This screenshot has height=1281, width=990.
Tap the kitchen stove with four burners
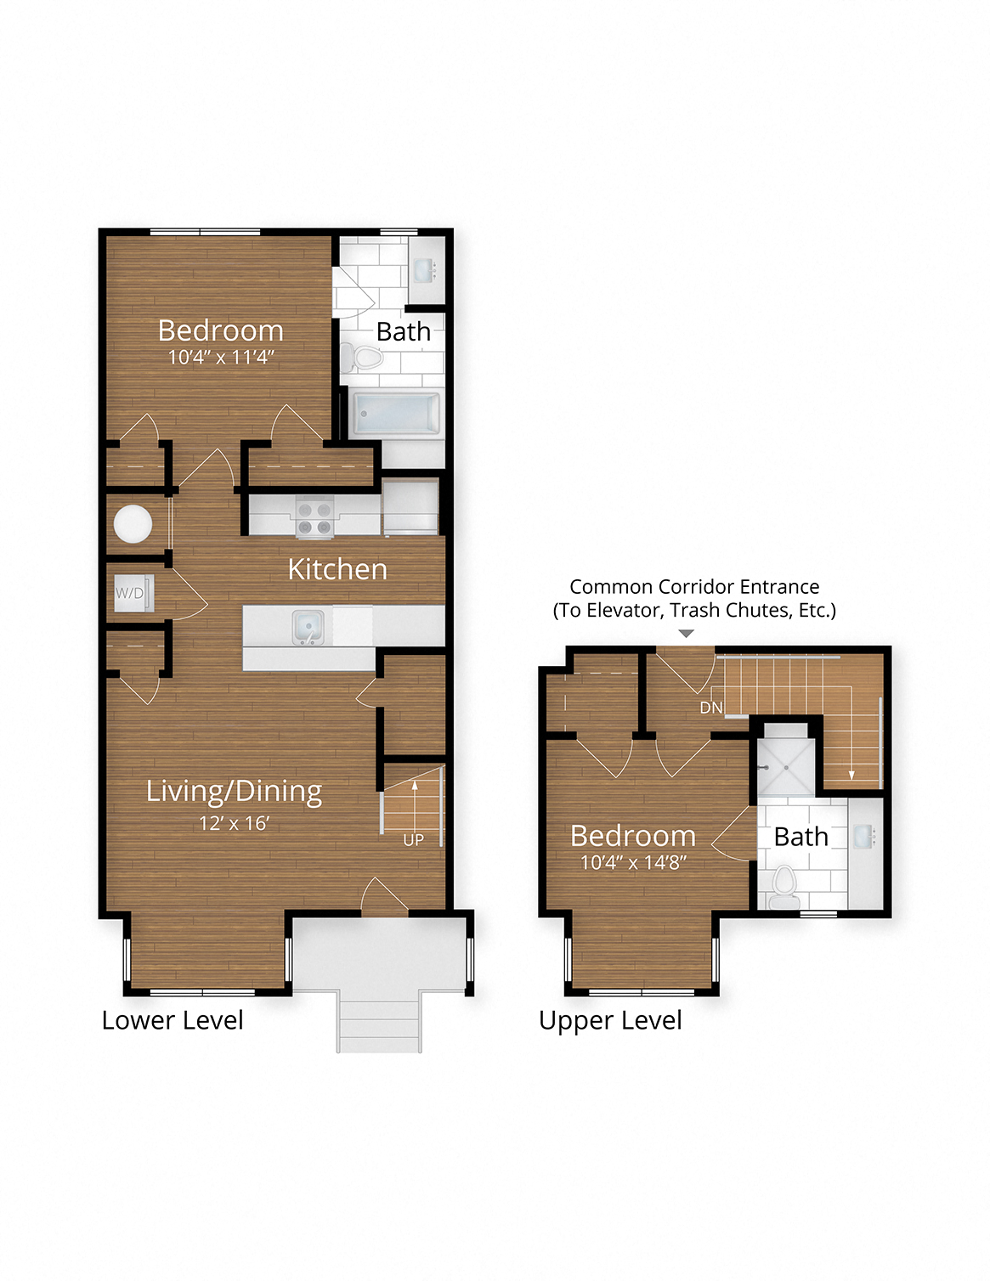tap(314, 517)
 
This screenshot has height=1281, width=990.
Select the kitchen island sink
tap(308, 627)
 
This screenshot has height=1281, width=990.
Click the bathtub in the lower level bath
tap(396, 413)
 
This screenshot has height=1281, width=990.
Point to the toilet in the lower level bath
tap(365, 358)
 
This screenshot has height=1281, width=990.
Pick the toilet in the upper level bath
tap(784, 883)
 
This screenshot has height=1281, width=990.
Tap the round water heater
tap(133, 524)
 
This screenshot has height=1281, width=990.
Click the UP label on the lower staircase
tap(413, 840)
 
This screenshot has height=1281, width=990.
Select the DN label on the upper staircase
tap(710, 708)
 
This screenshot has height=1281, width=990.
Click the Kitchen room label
tap(337, 569)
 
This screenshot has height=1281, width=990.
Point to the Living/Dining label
tap(234, 791)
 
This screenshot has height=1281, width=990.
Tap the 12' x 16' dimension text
tap(234, 823)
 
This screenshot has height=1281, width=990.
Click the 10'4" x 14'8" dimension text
tap(633, 862)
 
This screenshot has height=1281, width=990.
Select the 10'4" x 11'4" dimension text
tap(221, 357)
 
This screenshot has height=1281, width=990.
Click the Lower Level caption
tap(173, 1020)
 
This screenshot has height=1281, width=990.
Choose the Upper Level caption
tap(610, 1020)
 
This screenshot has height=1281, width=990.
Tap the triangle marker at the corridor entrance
tap(687, 634)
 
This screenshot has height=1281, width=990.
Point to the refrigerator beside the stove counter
tap(410, 507)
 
